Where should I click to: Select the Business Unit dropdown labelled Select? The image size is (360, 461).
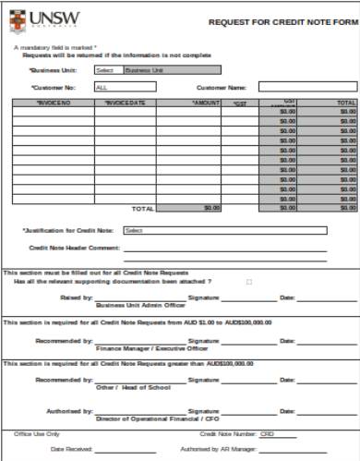(x=106, y=69)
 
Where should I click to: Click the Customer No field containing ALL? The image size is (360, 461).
(x=125, y=87)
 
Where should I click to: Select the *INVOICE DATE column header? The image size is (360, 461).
(x=123, y=103)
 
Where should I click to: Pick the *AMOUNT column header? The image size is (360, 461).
(x=205, y=103)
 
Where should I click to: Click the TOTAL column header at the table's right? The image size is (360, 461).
(x=346, y=103)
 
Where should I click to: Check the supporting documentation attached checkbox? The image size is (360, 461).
(x=248, y=281)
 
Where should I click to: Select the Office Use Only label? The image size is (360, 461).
(x=37, y=433)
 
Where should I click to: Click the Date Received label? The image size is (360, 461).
(x=70, y=449)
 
